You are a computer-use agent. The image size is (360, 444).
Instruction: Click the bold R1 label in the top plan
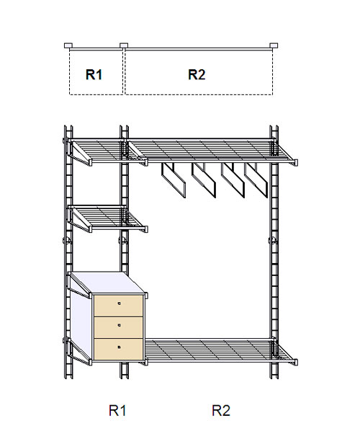(x=94, y=74)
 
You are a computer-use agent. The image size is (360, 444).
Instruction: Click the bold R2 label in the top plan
(x=197, y=74)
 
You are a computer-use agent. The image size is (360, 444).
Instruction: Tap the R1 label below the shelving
(x=117, y=410)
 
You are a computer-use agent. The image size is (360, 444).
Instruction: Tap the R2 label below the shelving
(x=221, y=410)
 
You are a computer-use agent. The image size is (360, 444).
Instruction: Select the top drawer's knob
(x=119, y=303)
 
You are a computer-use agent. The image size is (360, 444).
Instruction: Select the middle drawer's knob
(x=119, y=325)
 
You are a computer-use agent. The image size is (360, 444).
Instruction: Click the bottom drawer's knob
(x=119, y=347)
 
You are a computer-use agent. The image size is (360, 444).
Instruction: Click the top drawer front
(x=118, y=306)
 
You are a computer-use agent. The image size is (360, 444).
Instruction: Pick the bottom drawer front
(x=118, y=349)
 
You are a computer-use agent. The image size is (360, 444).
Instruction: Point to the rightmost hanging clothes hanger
(x=256, y=180)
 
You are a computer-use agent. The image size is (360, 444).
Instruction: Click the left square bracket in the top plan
(x=68, y=45)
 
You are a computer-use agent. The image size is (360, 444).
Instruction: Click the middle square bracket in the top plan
(x=124, y=45)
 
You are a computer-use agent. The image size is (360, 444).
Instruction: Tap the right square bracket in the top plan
(x=274, y=45)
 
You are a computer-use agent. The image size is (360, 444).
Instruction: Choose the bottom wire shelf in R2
(x=220, y=350)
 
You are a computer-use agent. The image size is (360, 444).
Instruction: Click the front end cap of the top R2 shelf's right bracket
(x=296, y=162)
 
